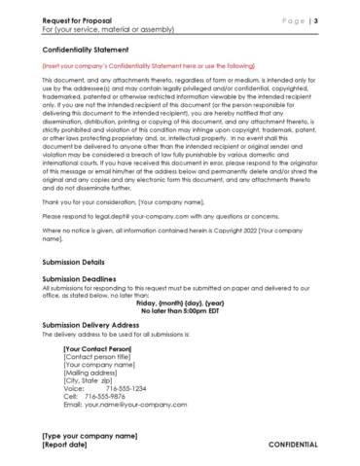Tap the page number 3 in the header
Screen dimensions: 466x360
click(x=315, y=19)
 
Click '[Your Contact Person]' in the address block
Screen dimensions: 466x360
click(x=96, y=347)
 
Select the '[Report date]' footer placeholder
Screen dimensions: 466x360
click(x=63, y=445)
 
